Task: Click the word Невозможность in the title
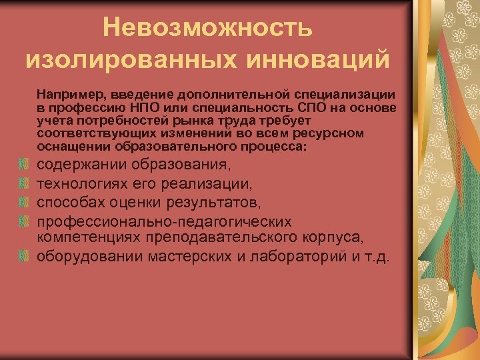(x=207, y=27)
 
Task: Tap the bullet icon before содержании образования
(x=24, y=164)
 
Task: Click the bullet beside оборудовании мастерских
(x=24, y=256)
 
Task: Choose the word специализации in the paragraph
(x=346, y=95)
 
